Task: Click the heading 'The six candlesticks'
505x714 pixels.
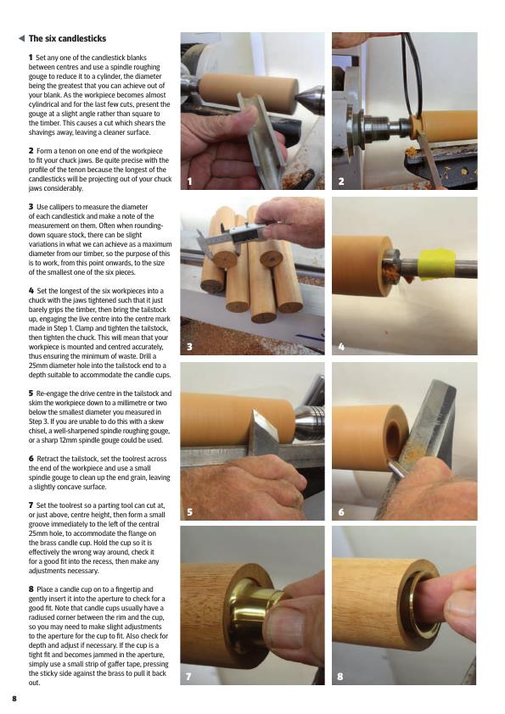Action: coord(67,39)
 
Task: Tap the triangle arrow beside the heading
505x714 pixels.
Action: coord(21,38)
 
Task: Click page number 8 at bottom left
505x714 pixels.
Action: coord(14,699)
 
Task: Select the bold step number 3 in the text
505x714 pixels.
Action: coord(31,207)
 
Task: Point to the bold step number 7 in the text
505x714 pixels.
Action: coord(31,505)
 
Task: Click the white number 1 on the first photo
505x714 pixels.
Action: coord(189,181)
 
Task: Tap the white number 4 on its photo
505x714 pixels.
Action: coord(341,347)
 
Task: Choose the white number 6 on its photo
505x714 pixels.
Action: coord(341,512)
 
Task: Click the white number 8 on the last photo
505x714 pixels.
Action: coord(340,677)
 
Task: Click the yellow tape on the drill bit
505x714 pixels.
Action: coord(435,265)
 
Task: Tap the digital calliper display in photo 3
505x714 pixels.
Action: coord(244,232)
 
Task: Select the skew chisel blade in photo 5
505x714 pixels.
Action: coord(264,432)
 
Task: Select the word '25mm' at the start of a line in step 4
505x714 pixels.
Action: coord(38,365)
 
